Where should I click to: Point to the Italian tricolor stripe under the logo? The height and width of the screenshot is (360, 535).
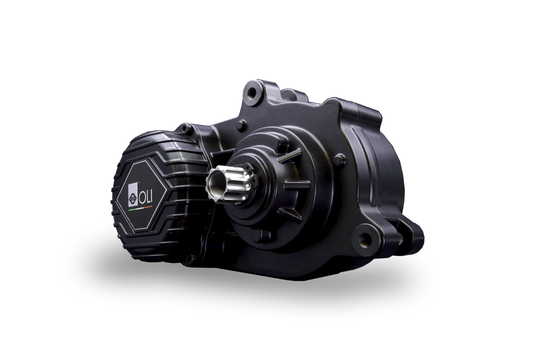click(x=140, y=208)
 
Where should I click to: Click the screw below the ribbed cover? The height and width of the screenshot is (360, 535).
click(x=189, y=258)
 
